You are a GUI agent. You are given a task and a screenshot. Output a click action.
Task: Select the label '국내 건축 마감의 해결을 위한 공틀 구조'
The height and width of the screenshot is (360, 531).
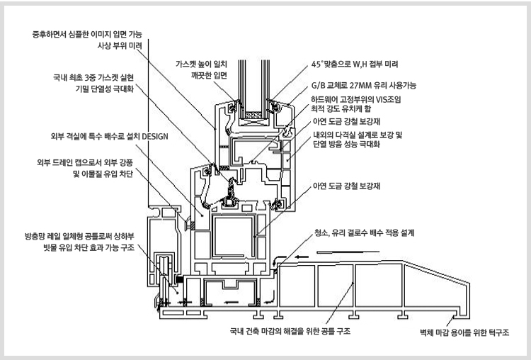tap(291, 331)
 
